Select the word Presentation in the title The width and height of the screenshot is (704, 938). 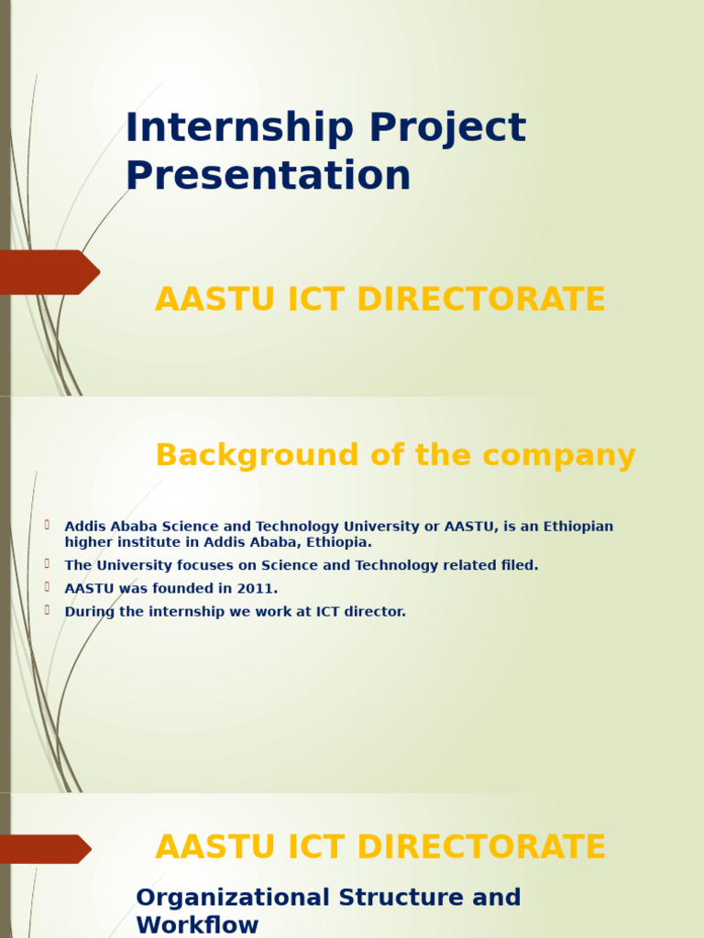268,176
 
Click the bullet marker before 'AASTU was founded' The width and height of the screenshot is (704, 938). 46,587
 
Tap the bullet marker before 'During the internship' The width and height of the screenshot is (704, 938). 46,610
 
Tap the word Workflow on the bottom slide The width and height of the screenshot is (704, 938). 197,925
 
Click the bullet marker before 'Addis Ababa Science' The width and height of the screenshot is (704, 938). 46,525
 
